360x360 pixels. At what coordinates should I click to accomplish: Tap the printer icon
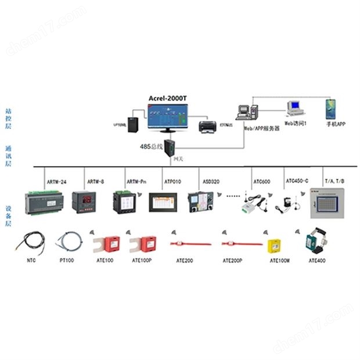tap(207, 126)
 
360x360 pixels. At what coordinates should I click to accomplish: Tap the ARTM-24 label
tap(56, 182)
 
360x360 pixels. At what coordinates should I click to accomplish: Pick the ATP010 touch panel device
tap(163, 201)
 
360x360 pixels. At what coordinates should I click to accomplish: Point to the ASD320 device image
tap(201, 201)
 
